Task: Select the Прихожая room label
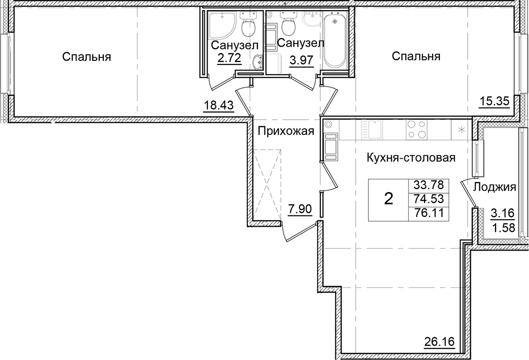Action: click(x=286, y=131)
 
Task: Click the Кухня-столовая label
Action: click(x=411, y=158)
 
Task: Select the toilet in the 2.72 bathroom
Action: click(x=248, y=27)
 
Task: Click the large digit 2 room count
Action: click(x=388, y=200)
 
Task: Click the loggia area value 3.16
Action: click(x=500, y=212)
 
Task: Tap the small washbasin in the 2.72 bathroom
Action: click(x=257, y=62)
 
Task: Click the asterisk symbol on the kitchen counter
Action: click(x=461, y=129)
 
